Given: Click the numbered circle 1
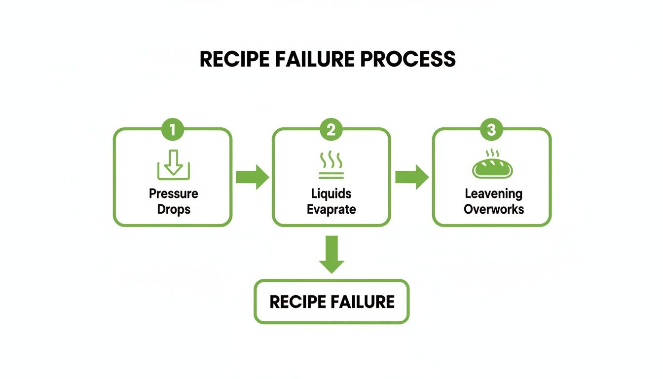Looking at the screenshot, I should click(x=173, y=130).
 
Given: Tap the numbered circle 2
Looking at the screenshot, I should click(x=331, y=130).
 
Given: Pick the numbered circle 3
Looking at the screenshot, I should click(x=491, y=130).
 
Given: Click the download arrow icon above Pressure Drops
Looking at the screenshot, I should click(x=173, y=164).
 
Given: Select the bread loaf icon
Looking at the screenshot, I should click(x=492, y=167).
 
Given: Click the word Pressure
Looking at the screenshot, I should click(x=174, y=193).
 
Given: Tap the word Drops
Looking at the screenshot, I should click(x=174, y=209).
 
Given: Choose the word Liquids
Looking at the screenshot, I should click(x=331, y=193).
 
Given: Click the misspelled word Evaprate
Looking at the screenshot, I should click(x=331, y=209).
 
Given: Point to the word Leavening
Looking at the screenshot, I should click(x=493, y=193).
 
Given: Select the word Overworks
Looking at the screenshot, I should click(x=494, y=209).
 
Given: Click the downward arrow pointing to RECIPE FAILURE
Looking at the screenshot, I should click(x=331, y=254).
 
